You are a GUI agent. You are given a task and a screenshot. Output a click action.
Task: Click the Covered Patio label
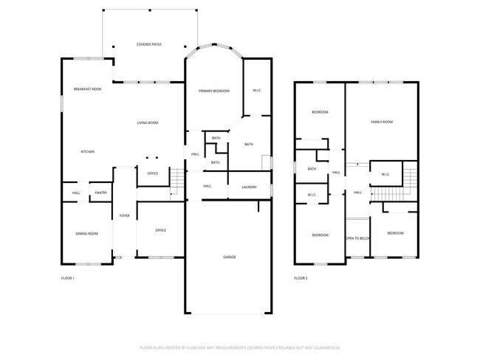point(148,44)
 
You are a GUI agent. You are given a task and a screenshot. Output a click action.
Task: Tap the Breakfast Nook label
point(87,89)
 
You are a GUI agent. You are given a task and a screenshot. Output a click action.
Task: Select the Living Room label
point(148,122)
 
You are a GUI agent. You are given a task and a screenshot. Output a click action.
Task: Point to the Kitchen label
point(87,151)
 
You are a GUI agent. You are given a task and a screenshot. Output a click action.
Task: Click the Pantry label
point(101,193)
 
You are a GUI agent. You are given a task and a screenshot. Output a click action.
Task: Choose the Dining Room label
point(86,233)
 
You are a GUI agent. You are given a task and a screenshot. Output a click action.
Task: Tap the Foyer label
point(125,215)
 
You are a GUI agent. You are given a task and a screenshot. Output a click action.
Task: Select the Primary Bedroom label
point(213,91)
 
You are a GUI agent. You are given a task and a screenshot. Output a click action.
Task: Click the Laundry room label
point(249,187)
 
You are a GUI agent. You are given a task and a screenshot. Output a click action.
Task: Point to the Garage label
point(230,257)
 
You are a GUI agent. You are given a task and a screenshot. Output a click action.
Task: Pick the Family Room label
point(381,122)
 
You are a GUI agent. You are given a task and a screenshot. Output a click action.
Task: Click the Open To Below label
point(357,238)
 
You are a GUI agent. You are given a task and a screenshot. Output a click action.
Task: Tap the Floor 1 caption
point(67,278)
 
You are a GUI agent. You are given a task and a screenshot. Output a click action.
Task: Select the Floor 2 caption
point(301,278)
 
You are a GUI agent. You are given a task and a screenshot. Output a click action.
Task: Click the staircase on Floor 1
point(177,181)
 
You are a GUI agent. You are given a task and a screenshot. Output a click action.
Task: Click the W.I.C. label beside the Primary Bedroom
point(257,91)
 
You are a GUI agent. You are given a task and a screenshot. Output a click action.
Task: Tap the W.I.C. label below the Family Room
point(385,174)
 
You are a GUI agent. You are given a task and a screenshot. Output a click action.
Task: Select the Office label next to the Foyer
point(160,230)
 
